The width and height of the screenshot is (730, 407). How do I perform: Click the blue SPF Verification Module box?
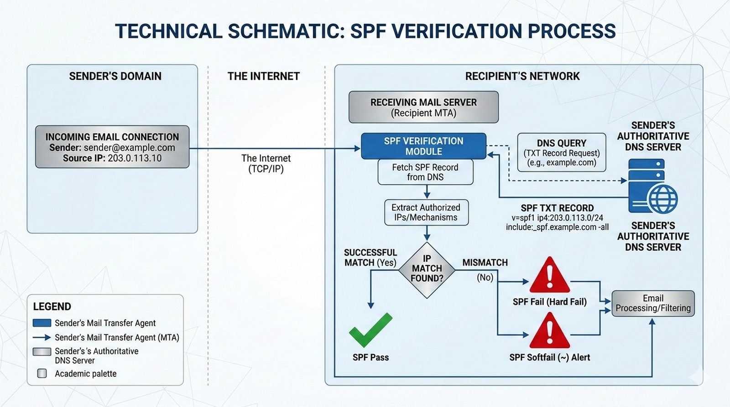(423, 146)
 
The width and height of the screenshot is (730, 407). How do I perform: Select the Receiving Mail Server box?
(423, 107)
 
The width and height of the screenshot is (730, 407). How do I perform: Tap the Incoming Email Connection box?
(112, 147)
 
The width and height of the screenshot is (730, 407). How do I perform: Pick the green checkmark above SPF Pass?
(370, 330)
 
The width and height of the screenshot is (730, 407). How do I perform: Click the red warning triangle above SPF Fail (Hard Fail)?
(549, 276)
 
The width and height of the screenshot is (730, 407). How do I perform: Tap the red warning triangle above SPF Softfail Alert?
(549, 331)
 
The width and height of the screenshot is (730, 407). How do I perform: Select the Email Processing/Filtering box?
(653, 304)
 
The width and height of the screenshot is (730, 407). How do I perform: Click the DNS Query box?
(562, 152)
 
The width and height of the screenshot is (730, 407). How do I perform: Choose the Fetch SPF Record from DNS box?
(425, 172)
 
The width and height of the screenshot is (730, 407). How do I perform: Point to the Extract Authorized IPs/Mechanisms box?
(426, 212)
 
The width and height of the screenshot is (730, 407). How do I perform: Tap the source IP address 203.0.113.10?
(135, 158)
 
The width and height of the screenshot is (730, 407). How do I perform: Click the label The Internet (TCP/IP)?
(266, 164)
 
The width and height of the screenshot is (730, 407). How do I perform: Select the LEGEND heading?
(52, 306)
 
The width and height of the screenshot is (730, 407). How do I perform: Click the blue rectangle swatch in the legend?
(42, 323)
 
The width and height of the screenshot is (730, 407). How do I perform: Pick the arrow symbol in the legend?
(42, 338)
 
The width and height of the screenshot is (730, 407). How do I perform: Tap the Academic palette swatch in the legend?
(42, 374)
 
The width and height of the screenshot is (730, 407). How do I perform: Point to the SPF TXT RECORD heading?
(557, 208)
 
